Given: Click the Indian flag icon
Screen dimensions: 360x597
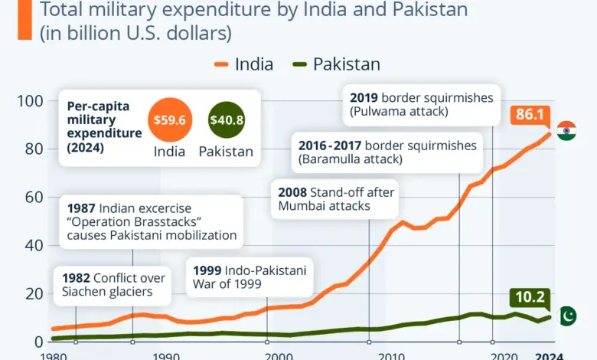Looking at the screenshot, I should [566, 130].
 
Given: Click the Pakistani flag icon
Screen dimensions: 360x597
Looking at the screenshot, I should [567, 316].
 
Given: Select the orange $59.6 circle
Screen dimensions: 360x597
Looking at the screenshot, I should [169, 119].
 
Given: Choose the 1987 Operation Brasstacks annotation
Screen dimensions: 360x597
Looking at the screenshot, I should [152, 221].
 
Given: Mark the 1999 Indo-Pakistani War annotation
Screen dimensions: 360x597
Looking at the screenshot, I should [250, 277].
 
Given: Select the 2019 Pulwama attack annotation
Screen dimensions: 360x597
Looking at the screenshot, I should [421, 105].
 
